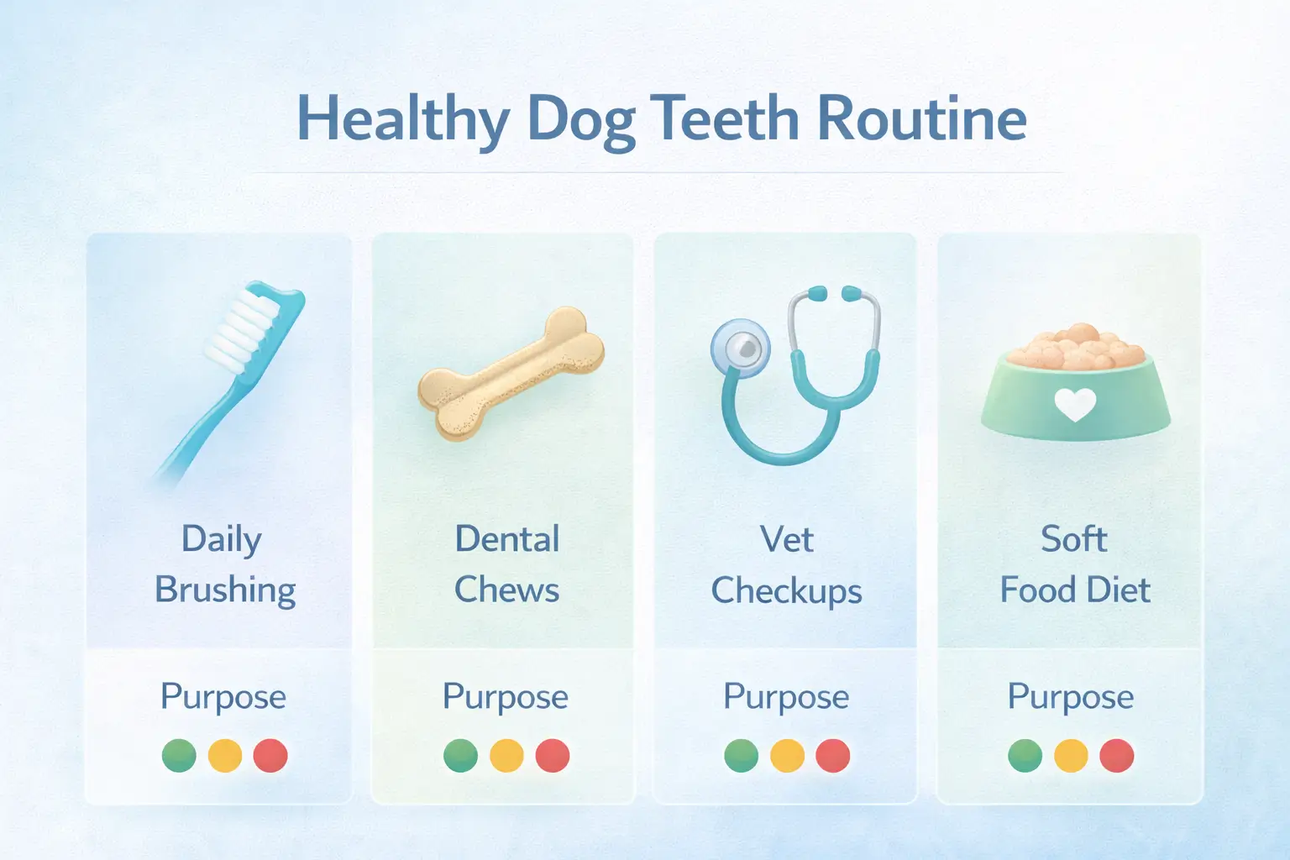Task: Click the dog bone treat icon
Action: [x=511, y=374]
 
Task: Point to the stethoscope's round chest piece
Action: [x=739, y=347]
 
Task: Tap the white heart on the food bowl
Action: [x=1075, y=405]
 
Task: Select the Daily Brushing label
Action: [x=224, y=564]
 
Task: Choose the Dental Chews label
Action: [x=506, y=564]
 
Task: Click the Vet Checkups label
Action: [x=787, y=565]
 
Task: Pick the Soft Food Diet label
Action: [x=1074, y=564]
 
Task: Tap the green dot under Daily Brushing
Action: [x=179, y=755]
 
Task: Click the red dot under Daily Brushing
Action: [x=270, y=755]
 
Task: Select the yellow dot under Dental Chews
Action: [x=506, y=755]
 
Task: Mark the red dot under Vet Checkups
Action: [x=832, y=755]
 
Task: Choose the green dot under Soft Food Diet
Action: [x=1025, y=755]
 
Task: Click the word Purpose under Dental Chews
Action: [x=506, y=697]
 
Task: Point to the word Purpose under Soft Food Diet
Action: [x=1071, y=697]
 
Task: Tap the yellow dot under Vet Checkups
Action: [x=787, y=755]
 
